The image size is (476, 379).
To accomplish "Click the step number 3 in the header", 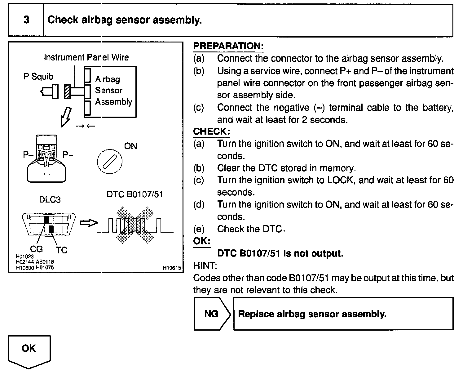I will pyautogui.click(x=26, y=20).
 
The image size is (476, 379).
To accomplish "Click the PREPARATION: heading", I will pyautogui.click(x=228, y=46).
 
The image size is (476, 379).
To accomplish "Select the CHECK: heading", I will pyautogui.click(x=211, y=132).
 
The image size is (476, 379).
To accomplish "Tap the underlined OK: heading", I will pyautogui.click(x=202, y=241).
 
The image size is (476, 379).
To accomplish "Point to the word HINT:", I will pyautogui.click(x=205, y=265).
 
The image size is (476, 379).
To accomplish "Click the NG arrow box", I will pyautogui.click(x=212, y=314).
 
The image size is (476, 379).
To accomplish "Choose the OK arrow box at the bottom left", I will pyautogui.click(x=29, y=350).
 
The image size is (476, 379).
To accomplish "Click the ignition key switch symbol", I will pyautogui.click(x=110, y=162).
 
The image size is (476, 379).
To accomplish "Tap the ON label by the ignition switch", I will pyautogui.click(x=130, y=146).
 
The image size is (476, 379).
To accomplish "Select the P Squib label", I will pyautogui.click(x=38, y=77).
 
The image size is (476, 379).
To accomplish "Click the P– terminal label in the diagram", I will pyautogui.click(x=28, y=155).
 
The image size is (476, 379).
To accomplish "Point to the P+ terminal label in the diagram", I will pyautogui.click(x=68, y=155).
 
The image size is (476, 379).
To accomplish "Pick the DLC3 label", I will pyautogui.click(x=50, y=200).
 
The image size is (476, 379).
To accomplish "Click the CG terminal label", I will pyautogui.click(x=36, y=249).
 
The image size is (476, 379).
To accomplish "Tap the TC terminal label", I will pyautogui.click(x=62, y=250).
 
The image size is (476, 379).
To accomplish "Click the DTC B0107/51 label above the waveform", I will pyautogui.click(x=135, y=194).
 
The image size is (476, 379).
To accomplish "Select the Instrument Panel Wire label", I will pyautogui.click(x=86, y=57).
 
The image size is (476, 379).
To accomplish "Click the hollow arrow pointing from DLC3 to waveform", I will pyautogui.click(x=89, y=223).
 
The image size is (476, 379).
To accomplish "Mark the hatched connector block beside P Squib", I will pyautogui.click(x=67, y=91).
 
